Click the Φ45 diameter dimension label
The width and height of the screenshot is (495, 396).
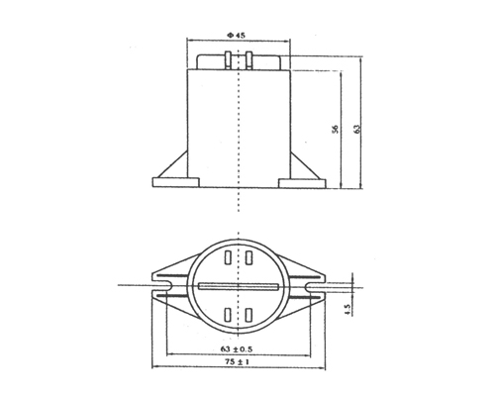237,34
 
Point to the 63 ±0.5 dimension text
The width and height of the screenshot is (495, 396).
238,349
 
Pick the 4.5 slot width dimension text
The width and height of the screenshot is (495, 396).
347,310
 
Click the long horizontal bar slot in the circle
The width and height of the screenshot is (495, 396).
238,287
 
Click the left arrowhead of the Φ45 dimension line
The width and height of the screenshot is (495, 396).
191,43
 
